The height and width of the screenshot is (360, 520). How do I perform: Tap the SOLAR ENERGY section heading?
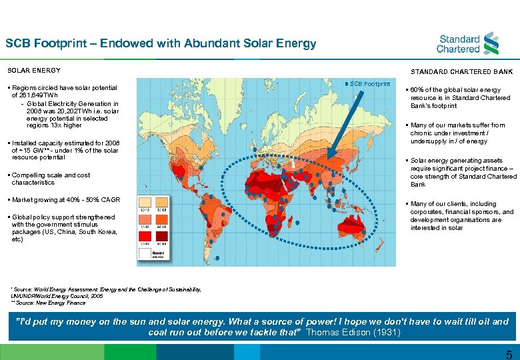33,70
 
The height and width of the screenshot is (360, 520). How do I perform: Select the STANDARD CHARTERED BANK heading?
461,71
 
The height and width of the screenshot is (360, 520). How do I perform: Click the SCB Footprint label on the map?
370,84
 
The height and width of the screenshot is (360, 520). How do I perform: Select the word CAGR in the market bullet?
111,200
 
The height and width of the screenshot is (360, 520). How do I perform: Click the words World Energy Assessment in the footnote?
61,289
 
